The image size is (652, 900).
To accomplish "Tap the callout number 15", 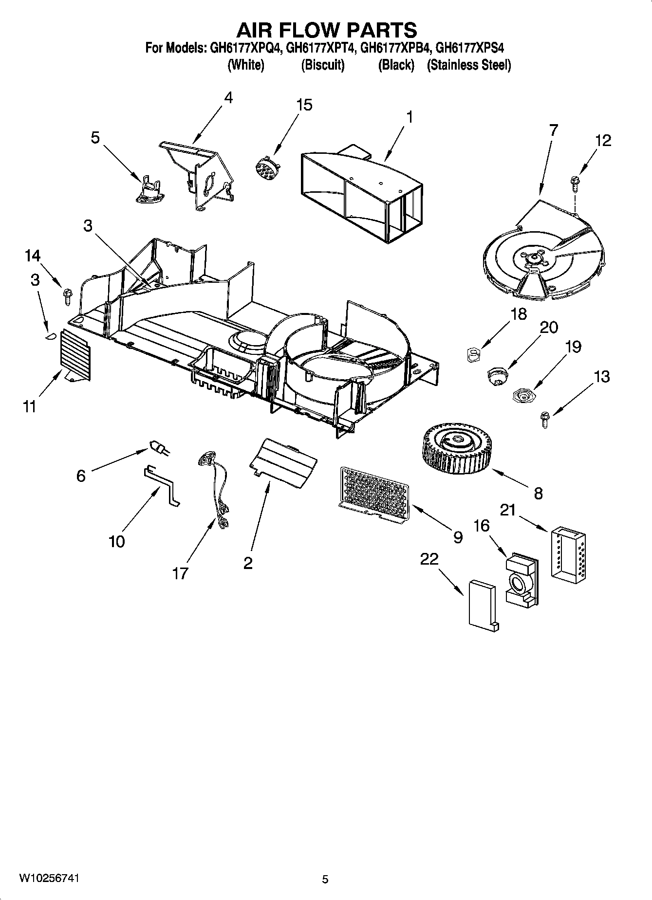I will point(304,105).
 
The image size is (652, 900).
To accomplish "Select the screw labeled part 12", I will point(574,184).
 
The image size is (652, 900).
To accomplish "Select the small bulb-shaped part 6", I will point(159,448).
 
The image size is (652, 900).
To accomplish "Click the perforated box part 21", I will point(569,552).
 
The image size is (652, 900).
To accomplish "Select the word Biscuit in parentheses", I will point(322,65).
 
